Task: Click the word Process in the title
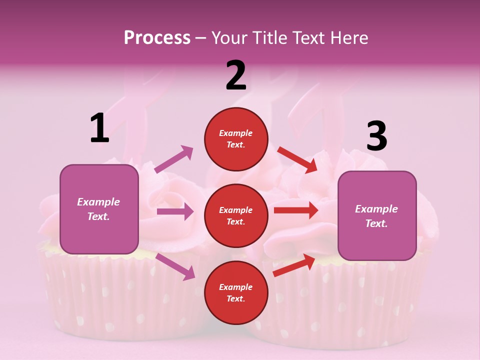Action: pos(157,37)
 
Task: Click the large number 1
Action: pos(99,128)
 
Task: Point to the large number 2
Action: pos(236,75)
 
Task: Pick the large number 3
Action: pos(376,136)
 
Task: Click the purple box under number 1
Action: pos(99,209)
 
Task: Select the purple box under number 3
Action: pos(377,216)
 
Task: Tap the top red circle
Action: pos(236,139)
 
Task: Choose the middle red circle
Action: pos(236,216)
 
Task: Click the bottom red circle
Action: pos(236,292)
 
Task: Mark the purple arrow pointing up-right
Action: pos(174,159)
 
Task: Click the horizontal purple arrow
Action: pos(175,211)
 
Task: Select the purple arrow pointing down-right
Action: pos(175,266)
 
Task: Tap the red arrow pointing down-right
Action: pos(297,159)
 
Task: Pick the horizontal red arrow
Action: pos(295,210)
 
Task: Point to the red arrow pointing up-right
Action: pos(294,265)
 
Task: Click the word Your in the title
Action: pos(229,37)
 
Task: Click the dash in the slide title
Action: pos(201,38)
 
